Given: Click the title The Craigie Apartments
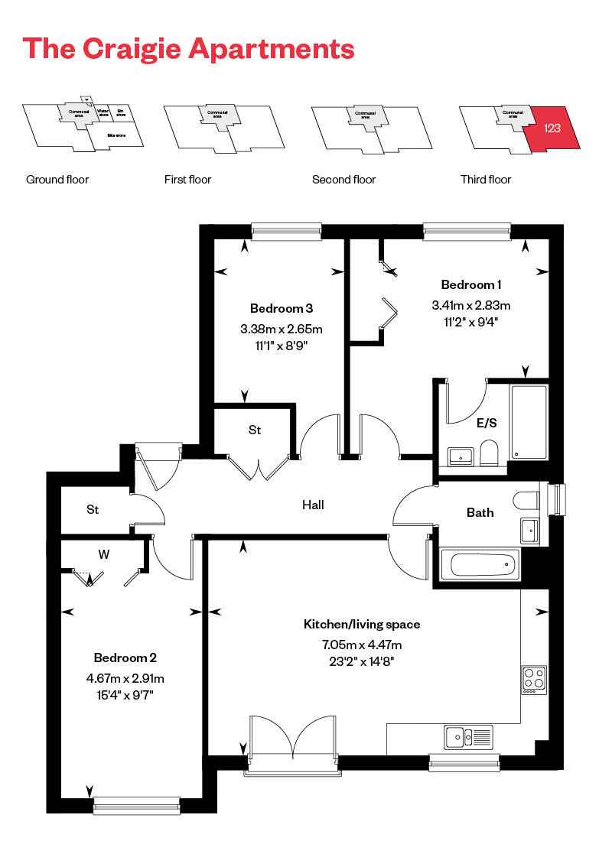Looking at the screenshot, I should pyautogui.click(x=189, y=48).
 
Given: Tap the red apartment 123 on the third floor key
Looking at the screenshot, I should pyautogui.click(x=553, y=128).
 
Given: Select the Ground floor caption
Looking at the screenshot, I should pyautogui.click(x=57, y=180).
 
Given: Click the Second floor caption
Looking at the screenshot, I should pyautogui.click(x=343, y=180).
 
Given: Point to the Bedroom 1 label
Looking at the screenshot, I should pyautogui.click(x=471, y=285).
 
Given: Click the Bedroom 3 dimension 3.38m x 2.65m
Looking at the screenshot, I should pyautogui.click(x=282, y=330).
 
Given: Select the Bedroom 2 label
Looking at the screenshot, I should pyautogui.click(x=125, y=658).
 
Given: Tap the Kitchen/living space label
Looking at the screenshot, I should pyautogui.click(x=362, y=625).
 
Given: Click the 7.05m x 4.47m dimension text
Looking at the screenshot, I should pyautogui.click(x=362, y=645).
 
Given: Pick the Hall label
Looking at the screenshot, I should pyautogui.click(x=313, y=505).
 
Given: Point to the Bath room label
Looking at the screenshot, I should pyautogui.click(x=480, y=512).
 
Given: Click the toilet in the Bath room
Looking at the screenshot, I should pyautogui.click(x=529, y=500).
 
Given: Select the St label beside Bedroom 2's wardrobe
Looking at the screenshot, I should pyautogui.click(x=93, y=509).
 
